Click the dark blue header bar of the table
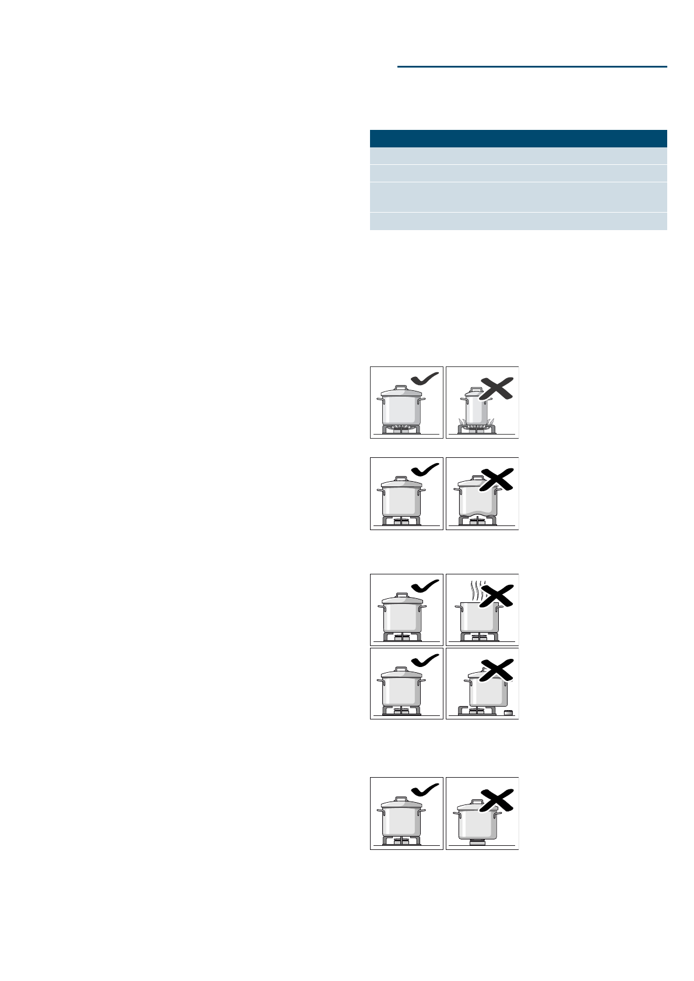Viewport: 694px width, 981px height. point(518,139)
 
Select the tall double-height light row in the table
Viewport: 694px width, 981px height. point(518,197)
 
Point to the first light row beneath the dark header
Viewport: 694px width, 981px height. point(518,156)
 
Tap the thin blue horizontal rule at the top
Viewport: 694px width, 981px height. point(532,66)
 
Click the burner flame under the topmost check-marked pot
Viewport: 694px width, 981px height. point(401,429)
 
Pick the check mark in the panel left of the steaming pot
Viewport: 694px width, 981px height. point(425,587)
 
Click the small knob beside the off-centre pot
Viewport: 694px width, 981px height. point(508,712)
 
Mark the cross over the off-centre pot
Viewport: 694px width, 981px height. point(496,670)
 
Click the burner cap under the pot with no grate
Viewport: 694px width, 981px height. point(478,842)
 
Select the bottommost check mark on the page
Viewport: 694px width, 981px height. point(425,789)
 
